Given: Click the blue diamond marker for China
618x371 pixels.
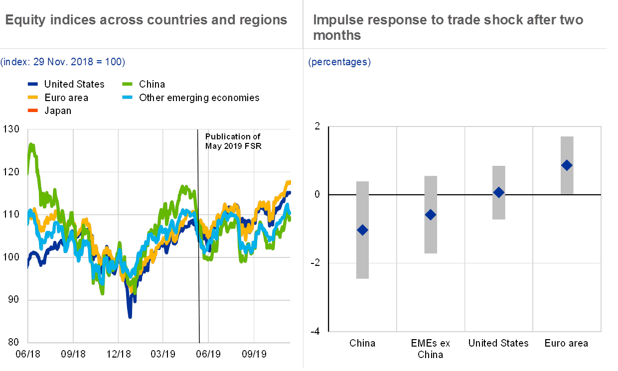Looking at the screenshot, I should (363, 230).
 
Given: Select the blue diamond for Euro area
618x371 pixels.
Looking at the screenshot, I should (567, 165).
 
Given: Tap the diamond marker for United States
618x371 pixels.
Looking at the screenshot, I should (499, 192).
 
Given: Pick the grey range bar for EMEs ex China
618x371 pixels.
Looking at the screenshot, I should (431, 239).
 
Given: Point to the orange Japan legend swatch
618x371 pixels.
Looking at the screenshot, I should (32, 111).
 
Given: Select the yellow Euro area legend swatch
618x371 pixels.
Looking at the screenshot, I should (32, 98).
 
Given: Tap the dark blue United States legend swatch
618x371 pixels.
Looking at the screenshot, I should (32, 84).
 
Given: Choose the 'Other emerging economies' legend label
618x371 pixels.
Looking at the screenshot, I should (199, 98).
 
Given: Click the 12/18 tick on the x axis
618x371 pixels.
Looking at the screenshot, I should (119, 354).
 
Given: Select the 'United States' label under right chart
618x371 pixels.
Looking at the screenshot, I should (499, 344).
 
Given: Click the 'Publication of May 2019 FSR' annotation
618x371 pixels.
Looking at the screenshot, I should (233, 141).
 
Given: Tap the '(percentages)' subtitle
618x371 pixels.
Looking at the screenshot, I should (339, 62).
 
